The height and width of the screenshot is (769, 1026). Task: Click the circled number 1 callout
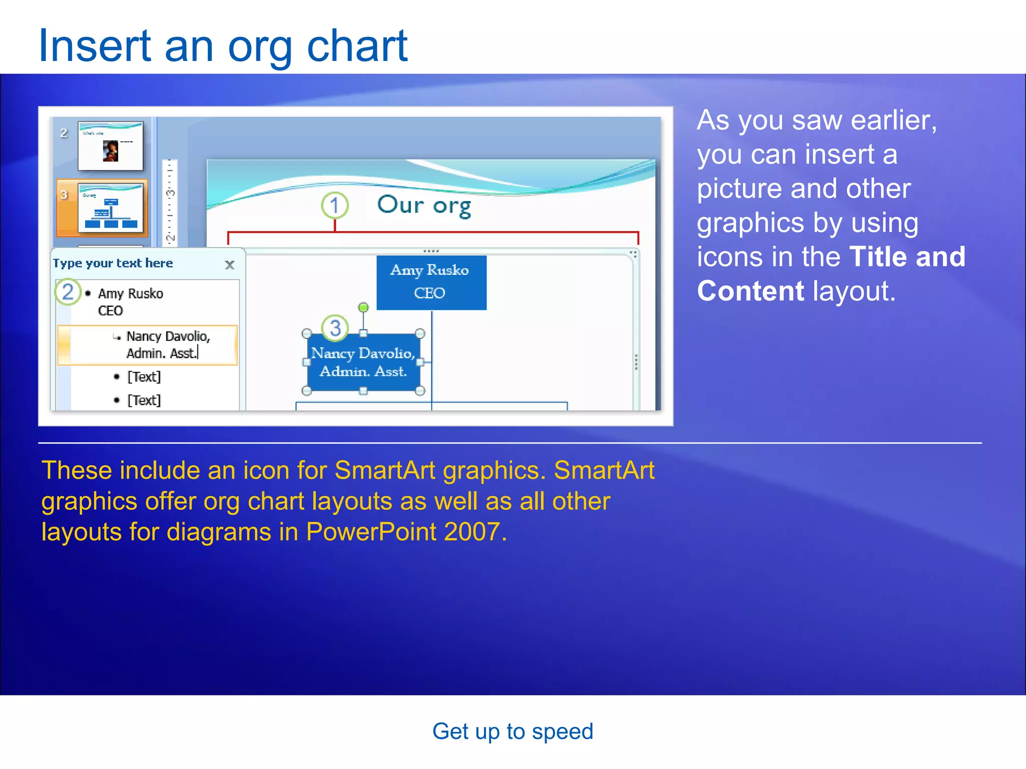(335, 205)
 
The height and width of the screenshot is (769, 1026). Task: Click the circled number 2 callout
(68, 292)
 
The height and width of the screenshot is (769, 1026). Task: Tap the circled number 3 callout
(335, 328)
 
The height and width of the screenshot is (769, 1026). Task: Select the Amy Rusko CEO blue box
(431, 282)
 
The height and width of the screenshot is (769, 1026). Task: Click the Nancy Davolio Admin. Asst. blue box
(363, 362)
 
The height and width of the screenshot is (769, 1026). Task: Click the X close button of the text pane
(229, 265)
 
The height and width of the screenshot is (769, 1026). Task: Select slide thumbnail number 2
(110, 146)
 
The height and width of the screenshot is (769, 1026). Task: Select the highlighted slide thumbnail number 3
(110, 208)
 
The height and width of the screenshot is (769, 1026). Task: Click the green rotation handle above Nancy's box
(364, 307)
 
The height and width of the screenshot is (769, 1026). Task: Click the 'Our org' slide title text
(424, 205)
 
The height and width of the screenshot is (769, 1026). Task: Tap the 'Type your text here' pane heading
(113, 263)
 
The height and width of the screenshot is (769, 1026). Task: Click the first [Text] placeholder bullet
(144, 376)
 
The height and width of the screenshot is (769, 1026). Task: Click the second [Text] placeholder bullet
(144, 400)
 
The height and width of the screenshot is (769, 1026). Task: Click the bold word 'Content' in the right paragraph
(750, 291)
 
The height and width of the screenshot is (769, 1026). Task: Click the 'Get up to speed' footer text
(512, 731)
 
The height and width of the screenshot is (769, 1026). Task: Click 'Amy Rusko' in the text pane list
(130, 293)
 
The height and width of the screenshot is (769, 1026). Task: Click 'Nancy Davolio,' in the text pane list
(168, 336)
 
